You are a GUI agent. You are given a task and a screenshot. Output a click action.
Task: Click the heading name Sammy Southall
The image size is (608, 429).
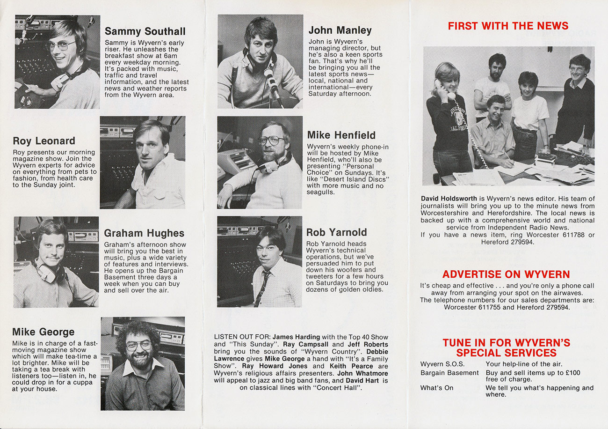(x=145, y=31)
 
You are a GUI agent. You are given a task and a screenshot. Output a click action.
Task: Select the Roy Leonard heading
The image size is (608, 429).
(x=44, y=141)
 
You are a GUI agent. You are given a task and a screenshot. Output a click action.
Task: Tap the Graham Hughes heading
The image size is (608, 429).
(x=144, y=233)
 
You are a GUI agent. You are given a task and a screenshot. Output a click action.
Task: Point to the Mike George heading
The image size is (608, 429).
(x=43, y=332)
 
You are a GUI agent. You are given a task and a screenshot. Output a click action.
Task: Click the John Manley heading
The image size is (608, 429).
(x=340, y=30)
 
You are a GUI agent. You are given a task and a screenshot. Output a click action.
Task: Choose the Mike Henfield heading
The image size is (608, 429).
(x=341, y=135)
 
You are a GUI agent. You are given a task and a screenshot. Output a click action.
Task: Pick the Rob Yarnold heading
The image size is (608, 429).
(x=337, y=232)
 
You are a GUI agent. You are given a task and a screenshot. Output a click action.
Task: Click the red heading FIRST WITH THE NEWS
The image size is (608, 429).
(x=508, y=26)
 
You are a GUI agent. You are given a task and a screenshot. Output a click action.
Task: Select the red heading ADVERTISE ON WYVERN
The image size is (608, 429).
(x=506, y=274)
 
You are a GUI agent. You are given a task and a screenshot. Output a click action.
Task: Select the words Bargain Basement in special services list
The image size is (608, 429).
(x=449, y=373)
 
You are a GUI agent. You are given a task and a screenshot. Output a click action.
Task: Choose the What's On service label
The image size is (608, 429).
(x=437, y=388)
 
